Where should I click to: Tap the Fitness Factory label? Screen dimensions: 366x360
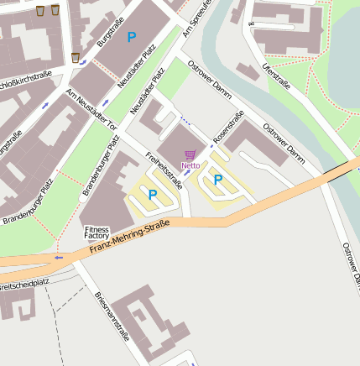coord(97,233)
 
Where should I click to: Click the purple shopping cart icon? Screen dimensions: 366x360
coord(190,154)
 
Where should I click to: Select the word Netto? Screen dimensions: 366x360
coord(190,165)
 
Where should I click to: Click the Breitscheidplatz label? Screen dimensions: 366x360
coord(24,285)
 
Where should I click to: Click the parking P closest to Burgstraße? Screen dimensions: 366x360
coord(131,37)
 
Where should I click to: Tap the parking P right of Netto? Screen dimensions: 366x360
coord(218,179)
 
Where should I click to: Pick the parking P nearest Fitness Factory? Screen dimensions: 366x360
coord(153,194)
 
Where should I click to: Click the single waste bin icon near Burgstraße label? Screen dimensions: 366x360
coord(76,57)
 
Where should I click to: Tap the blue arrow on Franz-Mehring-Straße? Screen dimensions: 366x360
coord(58,257)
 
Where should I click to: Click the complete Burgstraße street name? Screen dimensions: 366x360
coord(110,31)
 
